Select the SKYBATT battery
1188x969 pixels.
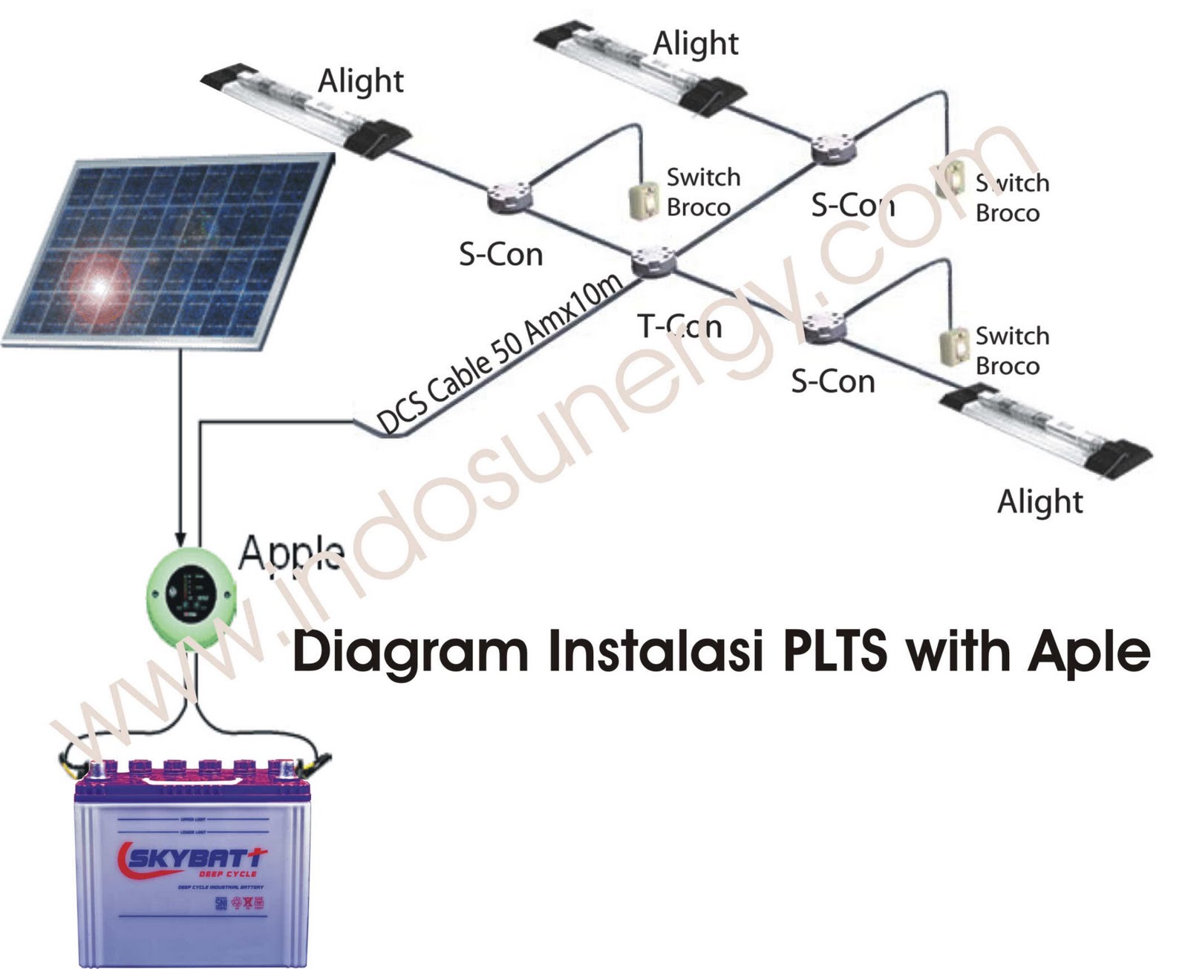[192, 861]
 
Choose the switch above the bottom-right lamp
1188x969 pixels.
[955, 345]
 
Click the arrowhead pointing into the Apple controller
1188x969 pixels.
[180, 539]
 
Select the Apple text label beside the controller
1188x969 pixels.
[291, 552]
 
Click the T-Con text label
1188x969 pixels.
[679, 325]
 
